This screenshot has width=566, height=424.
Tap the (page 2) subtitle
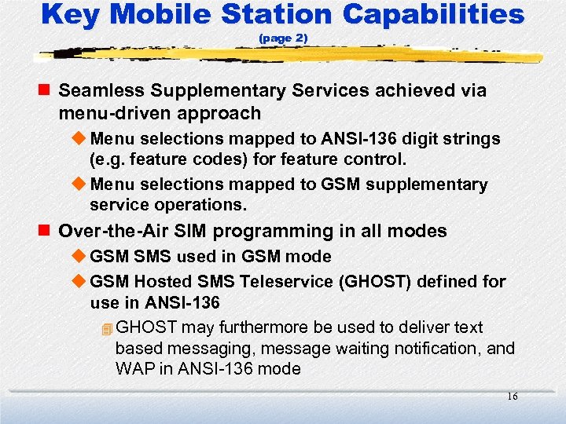point(283,38)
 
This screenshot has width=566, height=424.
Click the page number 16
point(512,397)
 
